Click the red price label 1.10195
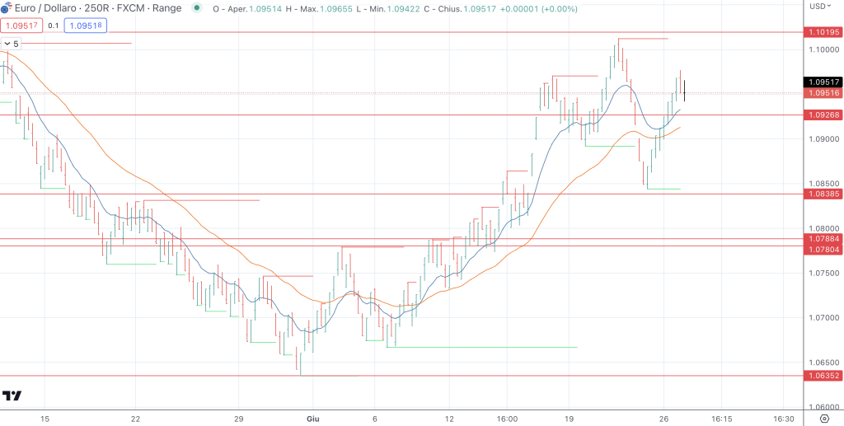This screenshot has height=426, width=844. pyautogui.click(x=823, y=32)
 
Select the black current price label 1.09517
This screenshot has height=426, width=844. pyautogui.click(x=823, y=82)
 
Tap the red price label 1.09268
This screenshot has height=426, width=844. pyautogui.click(x=823, y=115)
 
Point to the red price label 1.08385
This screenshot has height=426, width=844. pyautogui.click(x=823, y=194)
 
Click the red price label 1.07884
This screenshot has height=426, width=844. pyautogui.click(x=823, y=239)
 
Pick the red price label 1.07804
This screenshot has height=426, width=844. pyautogui.click(x=823, y=249)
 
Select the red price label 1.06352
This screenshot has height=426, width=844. pyautogui.click(x=823, y=376)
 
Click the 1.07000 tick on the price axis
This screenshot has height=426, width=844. pyautogui.click(x=824, y=318)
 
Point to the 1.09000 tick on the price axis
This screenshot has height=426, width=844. pyautogui.click(x=824, y=139)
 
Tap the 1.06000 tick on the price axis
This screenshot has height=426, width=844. pyautogui.click(x=824, y=407)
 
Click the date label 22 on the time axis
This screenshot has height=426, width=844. pyautogui.click(x=136, y=419)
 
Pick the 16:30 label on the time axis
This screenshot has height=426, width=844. pyautogui.click(x=784, y=419)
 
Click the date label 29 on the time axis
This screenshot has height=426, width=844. pyautogui.click(x=239, y=419)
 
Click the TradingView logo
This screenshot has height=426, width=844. pyautogui.click(x=12, y=396)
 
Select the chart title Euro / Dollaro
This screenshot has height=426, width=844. pyautogui.click(x=47, y=8)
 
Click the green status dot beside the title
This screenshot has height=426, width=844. pyautogui.click(x=196, y=8)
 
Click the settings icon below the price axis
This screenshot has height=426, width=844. pyautogui.click(x=823, y=419)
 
